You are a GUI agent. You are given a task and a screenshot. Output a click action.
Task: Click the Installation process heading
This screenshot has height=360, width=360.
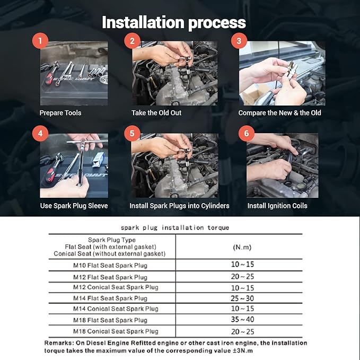[174, 22]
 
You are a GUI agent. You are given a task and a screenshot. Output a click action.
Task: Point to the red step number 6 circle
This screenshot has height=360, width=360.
[246, 133]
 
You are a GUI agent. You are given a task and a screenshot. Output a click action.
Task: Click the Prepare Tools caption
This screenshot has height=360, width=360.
[60, 113]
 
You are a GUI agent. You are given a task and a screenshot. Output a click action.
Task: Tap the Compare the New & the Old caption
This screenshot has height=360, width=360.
[279, 113]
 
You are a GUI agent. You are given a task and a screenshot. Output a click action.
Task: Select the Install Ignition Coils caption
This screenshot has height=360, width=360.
[277, 206]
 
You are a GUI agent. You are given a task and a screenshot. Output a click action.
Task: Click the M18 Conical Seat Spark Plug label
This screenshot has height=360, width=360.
[116, 331]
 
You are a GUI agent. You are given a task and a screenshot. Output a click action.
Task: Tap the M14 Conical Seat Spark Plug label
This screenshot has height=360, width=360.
[116, 309]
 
